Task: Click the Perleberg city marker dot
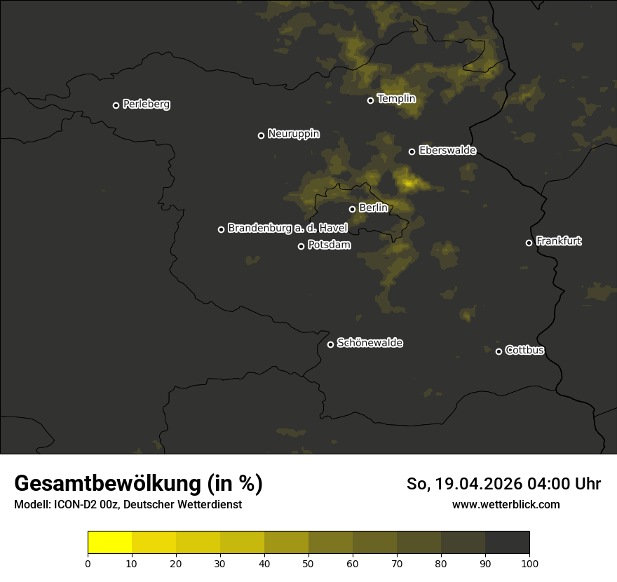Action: point(116,105)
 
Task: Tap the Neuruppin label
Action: point(293,134)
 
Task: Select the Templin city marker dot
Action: point(370,100)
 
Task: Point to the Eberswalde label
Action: point(447,151)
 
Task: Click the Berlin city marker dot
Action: point(352,209)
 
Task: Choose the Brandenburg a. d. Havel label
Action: point(287,229)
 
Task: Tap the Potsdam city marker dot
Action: point(301,246)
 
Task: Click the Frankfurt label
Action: point(559,241)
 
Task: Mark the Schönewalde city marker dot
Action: point(330,344)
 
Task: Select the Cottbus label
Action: point(524,351)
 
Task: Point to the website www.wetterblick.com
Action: point(506,504)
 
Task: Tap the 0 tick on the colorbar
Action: point(88,562)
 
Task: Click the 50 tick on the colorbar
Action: point(308,562)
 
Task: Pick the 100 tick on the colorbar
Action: point(529,562)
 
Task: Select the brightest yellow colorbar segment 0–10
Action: point(110,543)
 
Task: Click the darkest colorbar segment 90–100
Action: point(507,543)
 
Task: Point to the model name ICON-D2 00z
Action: point(81,505)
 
